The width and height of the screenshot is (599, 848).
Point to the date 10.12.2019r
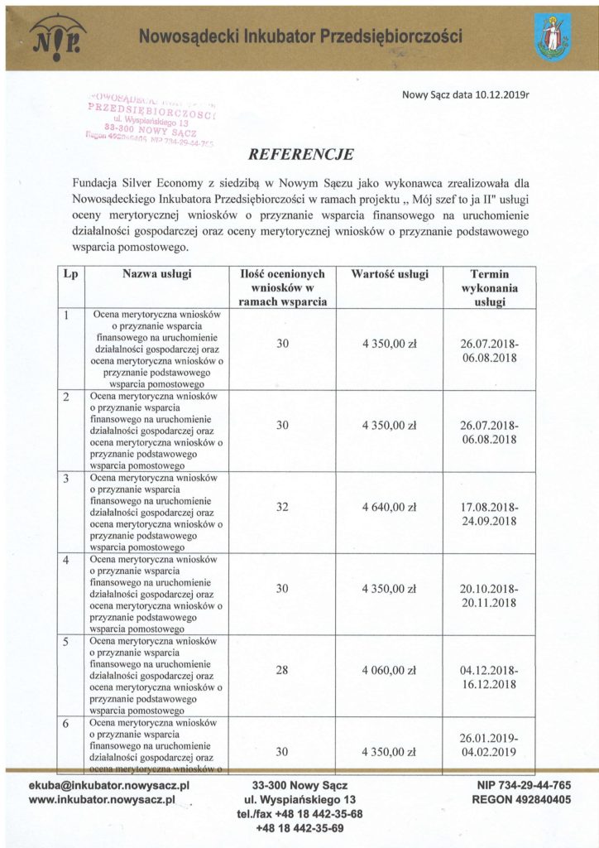[494, 95]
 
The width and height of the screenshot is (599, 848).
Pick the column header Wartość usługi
[389, 273]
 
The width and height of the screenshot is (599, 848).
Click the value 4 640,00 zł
[389, 508]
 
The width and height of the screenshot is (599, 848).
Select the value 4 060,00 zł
[389, 672]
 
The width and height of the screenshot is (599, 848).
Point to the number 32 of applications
[282, 508]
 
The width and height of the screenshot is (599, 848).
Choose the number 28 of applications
[282, 672]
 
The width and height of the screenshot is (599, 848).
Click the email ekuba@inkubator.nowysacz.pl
[110, 784]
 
